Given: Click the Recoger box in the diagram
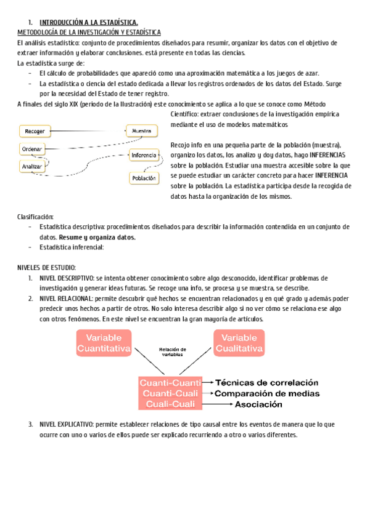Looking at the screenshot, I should [36, 130].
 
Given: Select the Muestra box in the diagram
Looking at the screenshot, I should [142, 130].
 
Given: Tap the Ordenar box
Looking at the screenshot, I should [31, 149].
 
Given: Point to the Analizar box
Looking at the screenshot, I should [31, 166].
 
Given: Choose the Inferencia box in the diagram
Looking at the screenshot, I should [144, 155].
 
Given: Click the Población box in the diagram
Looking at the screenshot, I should [143, 178].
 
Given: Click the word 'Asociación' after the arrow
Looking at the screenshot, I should [258, 404].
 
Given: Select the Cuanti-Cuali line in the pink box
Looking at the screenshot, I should [168, 393].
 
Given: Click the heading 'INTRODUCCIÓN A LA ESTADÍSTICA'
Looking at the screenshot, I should [84, 22].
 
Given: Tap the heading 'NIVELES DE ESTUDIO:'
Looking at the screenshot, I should [46, 268].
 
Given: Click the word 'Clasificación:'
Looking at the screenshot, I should [35, 217].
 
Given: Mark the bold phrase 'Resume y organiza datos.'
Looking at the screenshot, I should [97, 237].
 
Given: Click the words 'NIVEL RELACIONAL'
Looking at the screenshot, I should [65, 299].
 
